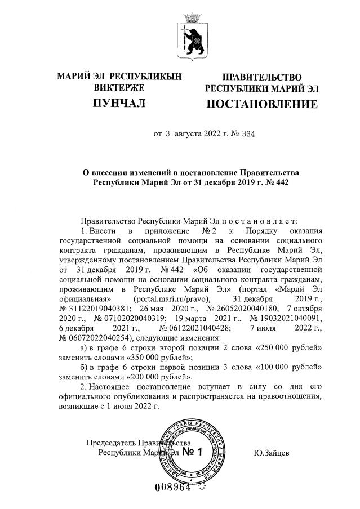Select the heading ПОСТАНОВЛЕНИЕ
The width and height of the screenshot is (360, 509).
tap(261, 104)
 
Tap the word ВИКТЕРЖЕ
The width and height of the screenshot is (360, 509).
tap(119, 88)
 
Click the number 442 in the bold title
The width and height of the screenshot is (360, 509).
tap(271, 183)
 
